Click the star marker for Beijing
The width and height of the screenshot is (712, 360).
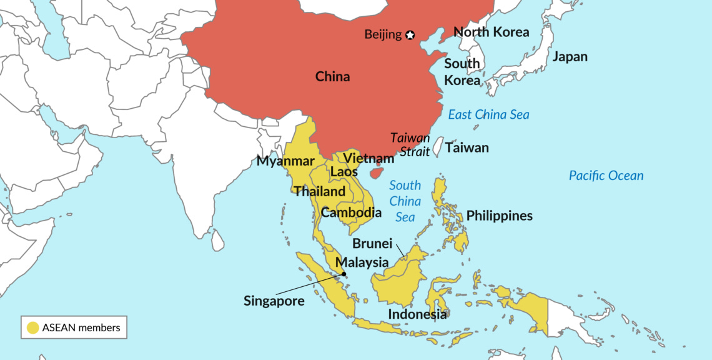410,35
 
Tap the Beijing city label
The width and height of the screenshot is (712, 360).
383,34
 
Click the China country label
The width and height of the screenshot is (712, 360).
332,77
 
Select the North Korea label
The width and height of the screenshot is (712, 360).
491,32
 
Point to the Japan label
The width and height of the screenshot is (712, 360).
570,57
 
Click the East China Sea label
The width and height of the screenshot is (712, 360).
488,114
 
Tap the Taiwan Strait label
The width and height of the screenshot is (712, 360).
410,144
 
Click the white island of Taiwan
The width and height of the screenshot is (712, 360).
438,147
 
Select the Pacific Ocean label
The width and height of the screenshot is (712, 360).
606,176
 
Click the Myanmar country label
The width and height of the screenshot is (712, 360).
285,161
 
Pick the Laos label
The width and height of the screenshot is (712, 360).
344,171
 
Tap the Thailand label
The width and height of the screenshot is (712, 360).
319,191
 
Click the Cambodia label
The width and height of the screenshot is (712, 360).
351,212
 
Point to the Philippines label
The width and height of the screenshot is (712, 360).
500,216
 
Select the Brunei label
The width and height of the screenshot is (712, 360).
372,244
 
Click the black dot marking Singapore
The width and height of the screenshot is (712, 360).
344,274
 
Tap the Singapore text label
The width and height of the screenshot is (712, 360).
274,301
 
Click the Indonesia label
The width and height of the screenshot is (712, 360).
417,314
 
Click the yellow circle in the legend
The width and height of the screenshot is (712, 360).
31,327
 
